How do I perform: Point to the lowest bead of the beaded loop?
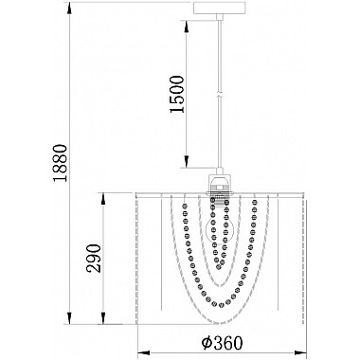[223, 306]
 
